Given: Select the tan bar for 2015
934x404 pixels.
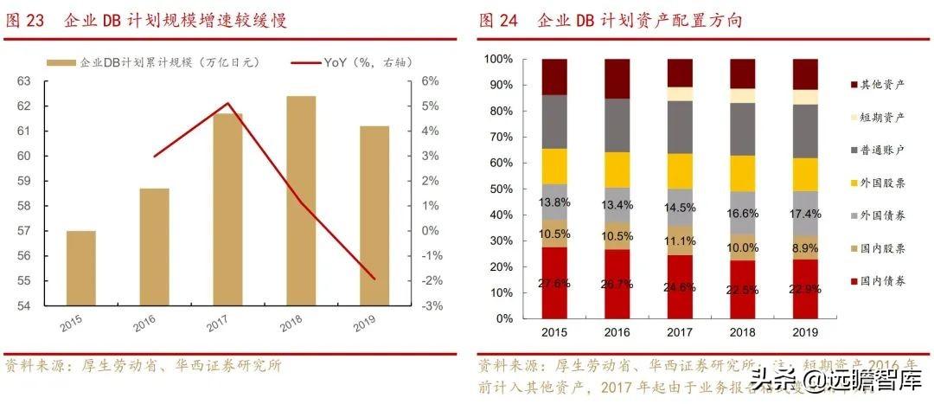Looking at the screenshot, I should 81,268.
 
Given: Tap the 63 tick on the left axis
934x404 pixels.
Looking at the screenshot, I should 24,81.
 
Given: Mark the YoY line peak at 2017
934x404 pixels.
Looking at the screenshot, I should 227,104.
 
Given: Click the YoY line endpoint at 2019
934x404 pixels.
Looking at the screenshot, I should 374,279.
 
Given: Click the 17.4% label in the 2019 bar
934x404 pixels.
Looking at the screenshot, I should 805,213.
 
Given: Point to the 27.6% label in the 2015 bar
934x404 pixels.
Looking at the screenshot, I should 553,283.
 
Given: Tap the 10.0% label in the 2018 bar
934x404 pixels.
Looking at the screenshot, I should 742,247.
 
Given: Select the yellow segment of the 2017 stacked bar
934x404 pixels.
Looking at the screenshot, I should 680,170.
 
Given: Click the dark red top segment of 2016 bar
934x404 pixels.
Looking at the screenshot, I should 617,79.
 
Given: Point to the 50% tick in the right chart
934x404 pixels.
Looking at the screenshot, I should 500,189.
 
